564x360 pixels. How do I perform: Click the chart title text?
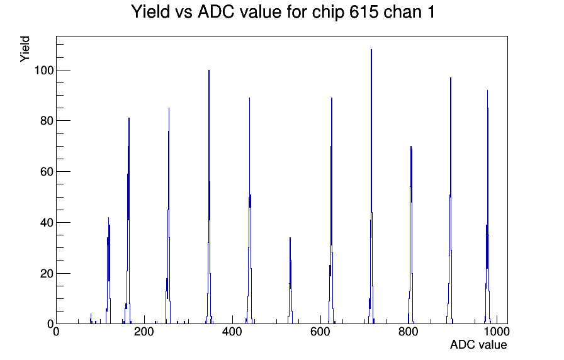[283, 12]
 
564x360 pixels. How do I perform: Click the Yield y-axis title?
[25, 49]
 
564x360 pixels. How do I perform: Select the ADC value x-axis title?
[478, 344]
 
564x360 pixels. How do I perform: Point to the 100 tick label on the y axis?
[44, 70]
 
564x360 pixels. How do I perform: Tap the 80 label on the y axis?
[47, 121]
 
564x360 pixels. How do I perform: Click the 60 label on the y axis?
[47, 172]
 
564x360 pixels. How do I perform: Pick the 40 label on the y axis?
[47, 223]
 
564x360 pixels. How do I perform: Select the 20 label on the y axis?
[47, 274]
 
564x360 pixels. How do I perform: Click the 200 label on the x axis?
[144, 332]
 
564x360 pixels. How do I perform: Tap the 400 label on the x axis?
[232, 332]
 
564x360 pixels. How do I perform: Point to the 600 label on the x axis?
[320, 332]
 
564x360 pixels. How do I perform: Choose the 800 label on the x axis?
[409, 332]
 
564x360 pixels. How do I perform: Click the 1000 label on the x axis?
[496, 332]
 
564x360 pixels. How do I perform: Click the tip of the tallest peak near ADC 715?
[371, 50]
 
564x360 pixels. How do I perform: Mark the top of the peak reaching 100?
[208, 70]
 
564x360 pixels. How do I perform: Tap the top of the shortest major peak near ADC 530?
[290, 237]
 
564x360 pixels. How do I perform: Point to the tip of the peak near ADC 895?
[450, 77]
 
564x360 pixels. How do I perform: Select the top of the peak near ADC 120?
[108, 217]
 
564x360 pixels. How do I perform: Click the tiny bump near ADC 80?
[91, 318]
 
